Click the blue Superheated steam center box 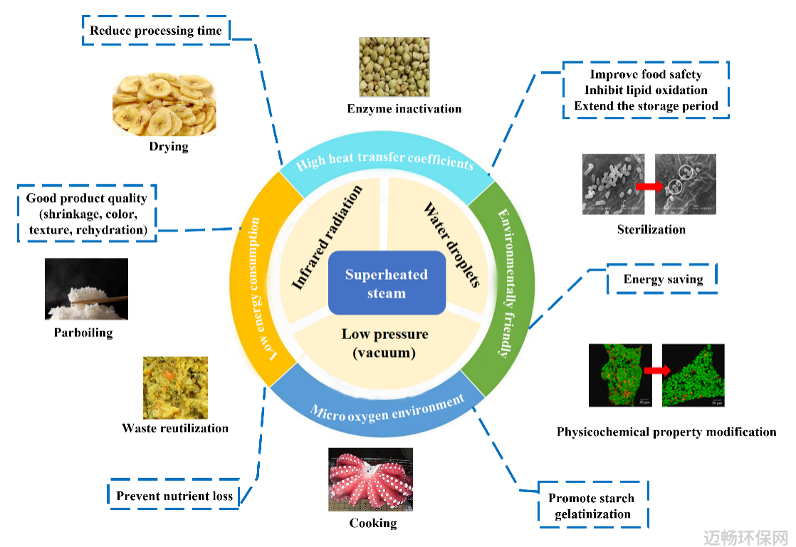click(x=387, y=283)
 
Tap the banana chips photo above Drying click(x=164, y=105)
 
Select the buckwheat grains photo click(x=394, y=67)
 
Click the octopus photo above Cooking click(x=370, y=479)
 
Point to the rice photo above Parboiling click(x=86, y=289)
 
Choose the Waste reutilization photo click(x=175, y=387)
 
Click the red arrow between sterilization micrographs click(x=650, y=187)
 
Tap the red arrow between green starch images click(x=657, y=370)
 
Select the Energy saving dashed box click(x=662, y=278)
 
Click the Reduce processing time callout click(x=156, y=31)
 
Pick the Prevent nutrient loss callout click(x=174, y=494)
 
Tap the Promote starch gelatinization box click(x=593, y=506)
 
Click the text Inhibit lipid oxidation click(x=646, y=90)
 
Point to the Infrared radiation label click(x=327, y=238)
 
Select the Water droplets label click(x=452, y=245)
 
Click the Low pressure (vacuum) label click(x=384, y=343)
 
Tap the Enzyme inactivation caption click(x=404, y=109)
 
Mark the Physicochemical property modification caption click(x=666, y=432)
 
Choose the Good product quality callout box click(x=87, y=213)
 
